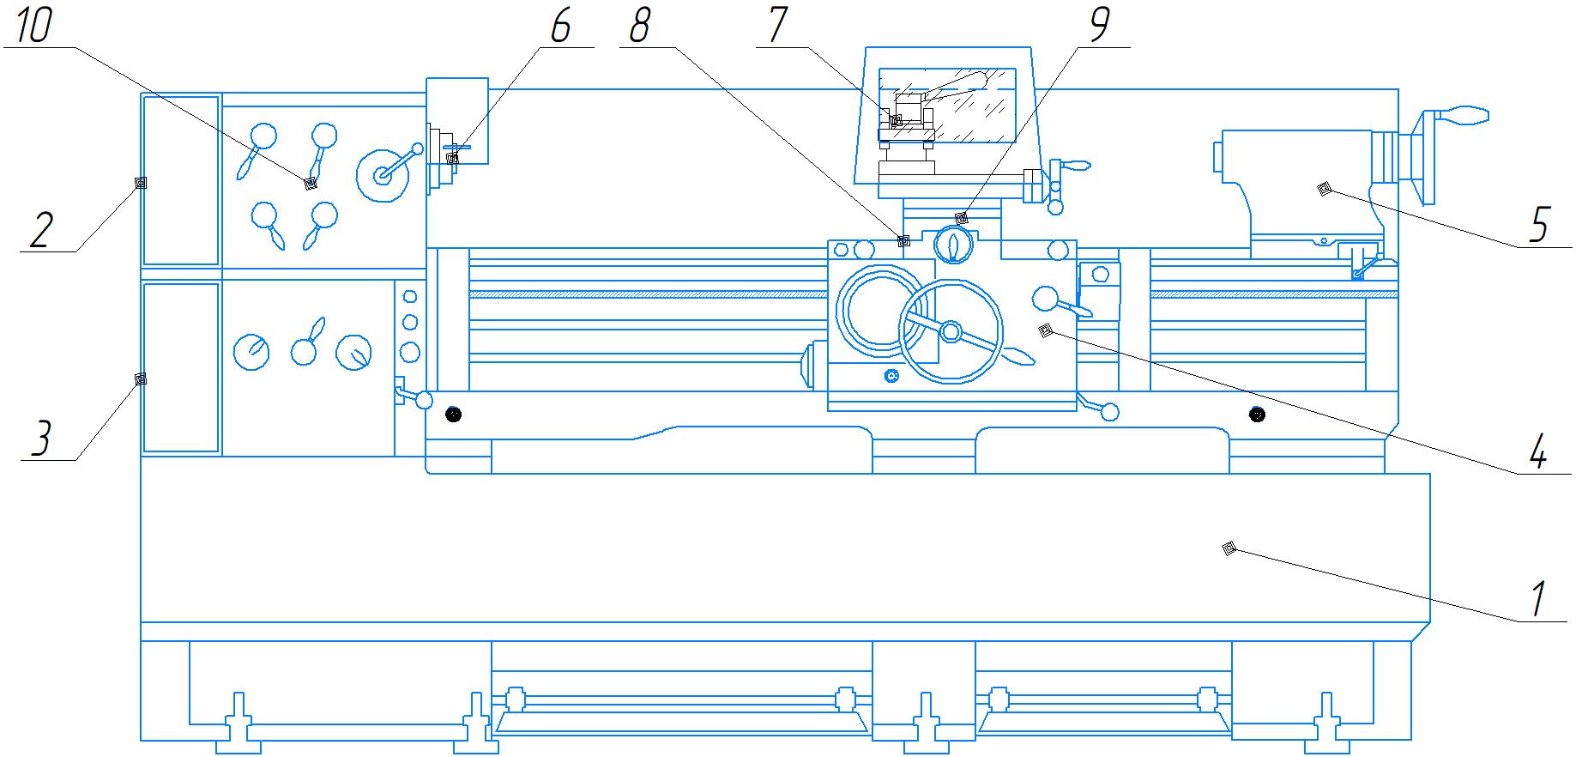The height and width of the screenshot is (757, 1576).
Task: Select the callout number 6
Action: click(559, 26)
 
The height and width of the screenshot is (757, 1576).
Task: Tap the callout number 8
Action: click(639, 26)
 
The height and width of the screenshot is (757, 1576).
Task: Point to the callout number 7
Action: click(777, 26)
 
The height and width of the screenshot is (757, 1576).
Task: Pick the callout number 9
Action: click(1098, 26)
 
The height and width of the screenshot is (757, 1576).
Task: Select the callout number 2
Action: click(39, 230)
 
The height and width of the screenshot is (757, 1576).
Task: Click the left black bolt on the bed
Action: click(453, 415)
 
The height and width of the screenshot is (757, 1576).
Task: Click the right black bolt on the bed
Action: click(1257, 415)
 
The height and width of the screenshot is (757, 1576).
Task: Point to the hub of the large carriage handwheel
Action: click(951, 330)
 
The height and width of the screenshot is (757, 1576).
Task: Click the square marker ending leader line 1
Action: click(1229, 548)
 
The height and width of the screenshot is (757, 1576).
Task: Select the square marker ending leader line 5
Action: click(1325, 189)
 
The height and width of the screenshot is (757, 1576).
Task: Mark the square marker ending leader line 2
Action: click(141, 183)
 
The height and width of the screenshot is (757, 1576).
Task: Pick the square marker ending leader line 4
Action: click(1045, 330)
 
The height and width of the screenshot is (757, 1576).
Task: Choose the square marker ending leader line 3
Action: click(141, 378)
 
